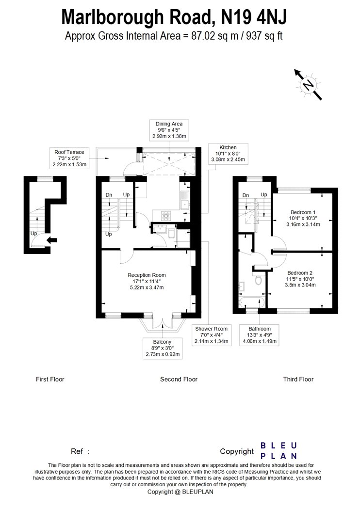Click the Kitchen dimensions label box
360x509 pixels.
(228, 154)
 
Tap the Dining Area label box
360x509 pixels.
(169, 130)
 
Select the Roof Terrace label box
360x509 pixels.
(69, 158)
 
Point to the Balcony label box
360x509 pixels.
(162, 348)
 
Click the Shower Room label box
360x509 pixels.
(212, 335)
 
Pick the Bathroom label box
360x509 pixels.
(260, 335)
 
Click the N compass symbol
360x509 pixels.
(309, 85)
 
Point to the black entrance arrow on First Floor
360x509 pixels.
(51, 240)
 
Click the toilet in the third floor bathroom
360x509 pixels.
(258, 279)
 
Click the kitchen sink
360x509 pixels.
(185, 201)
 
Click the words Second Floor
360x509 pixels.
(179, 379)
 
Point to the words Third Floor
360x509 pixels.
(298, 379)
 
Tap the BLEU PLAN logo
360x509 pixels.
(279, 451)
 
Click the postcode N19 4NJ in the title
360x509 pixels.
(254, 17)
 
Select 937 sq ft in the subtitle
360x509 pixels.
(264, 35)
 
